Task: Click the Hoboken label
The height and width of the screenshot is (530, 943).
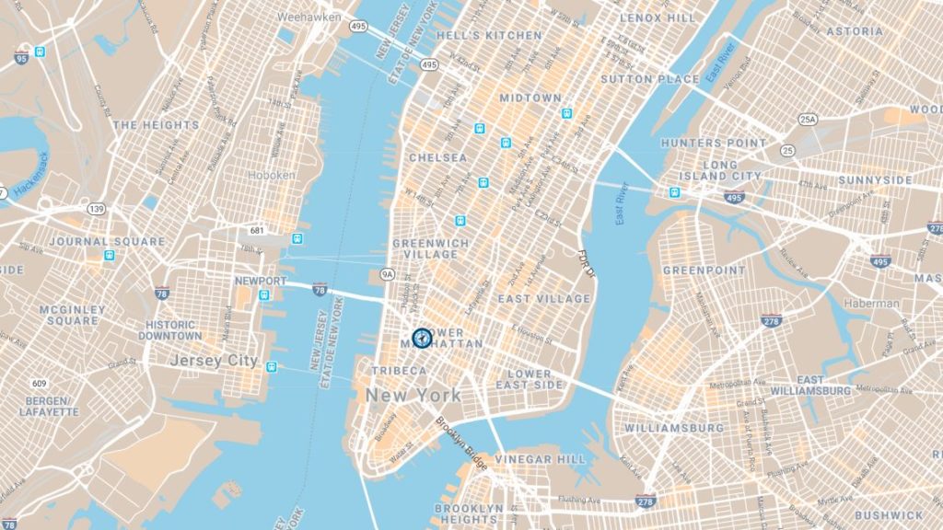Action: click(271, 174)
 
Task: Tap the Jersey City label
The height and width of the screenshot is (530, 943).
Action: click(214, 361)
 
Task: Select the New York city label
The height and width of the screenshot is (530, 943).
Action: click(413, 395)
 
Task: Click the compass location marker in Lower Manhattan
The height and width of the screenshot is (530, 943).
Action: click(422, 338)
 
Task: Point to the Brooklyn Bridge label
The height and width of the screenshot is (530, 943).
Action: click(461, 446)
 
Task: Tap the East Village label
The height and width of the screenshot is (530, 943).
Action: click(543, 299)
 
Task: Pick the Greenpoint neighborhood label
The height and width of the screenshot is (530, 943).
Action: click(704, 271)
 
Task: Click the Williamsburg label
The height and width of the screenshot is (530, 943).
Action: click(674, 428)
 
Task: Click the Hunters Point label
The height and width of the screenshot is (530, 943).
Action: click(714, 144)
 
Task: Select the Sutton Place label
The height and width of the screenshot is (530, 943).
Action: click(649, 80)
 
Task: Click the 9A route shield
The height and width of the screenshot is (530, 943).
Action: click(388, 273)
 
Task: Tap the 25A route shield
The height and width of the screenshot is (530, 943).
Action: click(808, 120)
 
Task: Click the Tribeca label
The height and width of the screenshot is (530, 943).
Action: click(399, 371)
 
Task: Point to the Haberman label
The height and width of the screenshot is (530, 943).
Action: click(871, 304)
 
